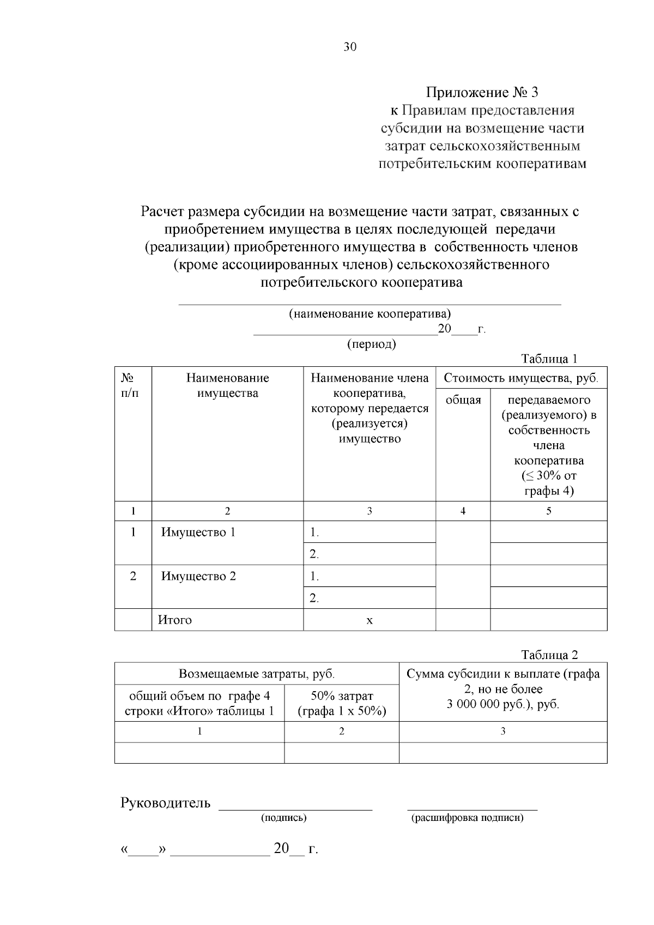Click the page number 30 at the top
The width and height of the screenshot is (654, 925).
(350, 47)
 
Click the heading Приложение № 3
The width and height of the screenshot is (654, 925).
(482, 92)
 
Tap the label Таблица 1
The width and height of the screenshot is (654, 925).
(549, 359)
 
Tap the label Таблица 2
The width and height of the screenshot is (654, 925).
(549, 655)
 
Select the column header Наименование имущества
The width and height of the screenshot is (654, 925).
(227, 385)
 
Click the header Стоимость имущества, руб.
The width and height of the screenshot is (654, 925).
(521, 378)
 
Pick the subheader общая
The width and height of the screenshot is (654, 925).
(463, 400)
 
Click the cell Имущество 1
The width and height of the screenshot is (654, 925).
(198, 532)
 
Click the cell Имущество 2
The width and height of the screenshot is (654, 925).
(198, 576)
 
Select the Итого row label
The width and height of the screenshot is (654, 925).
(175, 620)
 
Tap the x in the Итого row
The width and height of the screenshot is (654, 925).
(370, 620)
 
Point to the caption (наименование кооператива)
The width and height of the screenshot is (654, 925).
(370, 314)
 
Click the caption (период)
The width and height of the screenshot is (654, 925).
(371, 344)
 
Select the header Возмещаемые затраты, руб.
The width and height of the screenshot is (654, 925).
(257, 674)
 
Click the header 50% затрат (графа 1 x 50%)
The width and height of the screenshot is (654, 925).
(342, 703)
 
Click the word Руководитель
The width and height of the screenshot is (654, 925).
(165, 803)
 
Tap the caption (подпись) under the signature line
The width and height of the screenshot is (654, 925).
(284, 818)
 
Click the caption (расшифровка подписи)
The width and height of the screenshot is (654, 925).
(467, 818)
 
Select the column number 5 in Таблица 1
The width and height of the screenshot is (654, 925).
(549, 511)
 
